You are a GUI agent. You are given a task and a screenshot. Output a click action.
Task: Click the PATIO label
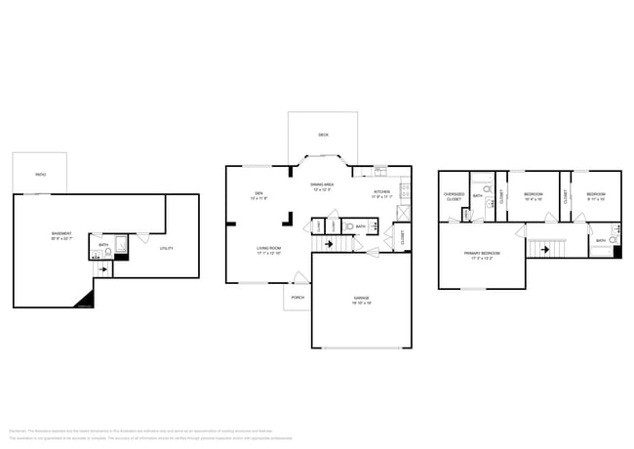(x=41, y=174)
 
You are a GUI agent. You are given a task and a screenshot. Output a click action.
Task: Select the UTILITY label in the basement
(x=167, y=248)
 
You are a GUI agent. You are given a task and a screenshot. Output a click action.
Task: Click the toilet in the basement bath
(x=106, y=254)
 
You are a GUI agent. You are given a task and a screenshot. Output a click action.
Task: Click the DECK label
(x=323, y=135)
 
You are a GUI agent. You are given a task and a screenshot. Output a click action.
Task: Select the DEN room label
(x=259, y=193)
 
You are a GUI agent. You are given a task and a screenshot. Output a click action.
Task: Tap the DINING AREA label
(x=323, y=184)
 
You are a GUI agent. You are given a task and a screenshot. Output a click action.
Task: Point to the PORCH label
(x=297, y=297)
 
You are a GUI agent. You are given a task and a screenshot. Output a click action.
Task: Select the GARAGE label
(x=360, y=298)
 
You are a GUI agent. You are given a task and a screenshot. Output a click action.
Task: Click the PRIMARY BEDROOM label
(x=482, y=254)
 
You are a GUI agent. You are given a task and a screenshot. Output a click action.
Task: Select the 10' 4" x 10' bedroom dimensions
(x=533, y=200)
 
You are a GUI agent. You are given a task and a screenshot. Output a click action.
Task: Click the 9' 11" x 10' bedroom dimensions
(x=595, y=200)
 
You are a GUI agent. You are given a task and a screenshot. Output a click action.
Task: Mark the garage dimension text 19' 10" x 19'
(x=360, y=304)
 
